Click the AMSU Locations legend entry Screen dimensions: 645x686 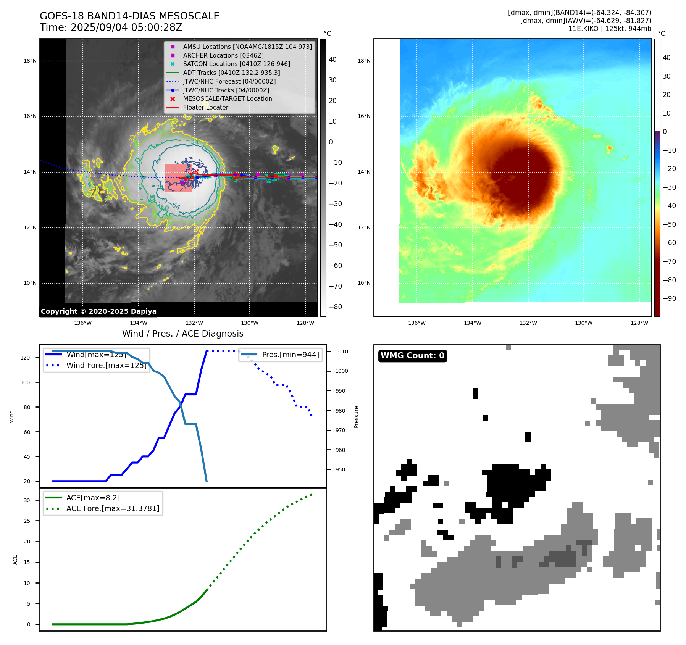pyautogui.click(x=247, y=47)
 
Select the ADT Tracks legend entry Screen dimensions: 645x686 pyautogui.click(x=231, y=73)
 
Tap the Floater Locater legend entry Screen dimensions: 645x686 pyautogui.click(x=205, y=108)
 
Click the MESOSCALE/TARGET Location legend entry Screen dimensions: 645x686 pyautogui.click(x=227, y=99)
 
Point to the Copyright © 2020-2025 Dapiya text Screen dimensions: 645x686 pyautogui.click(x=98, y=311)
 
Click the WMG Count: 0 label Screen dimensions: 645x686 pyautogui.click(x=412, y=356)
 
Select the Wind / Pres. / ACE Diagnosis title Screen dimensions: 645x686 pyautogui.click(x=182, y=334)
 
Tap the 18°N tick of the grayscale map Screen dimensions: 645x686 pyautogui.click(x=30, y=61)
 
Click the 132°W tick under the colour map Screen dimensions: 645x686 pyautogui.click(x=528, y=323)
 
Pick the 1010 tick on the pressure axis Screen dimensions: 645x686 pyautogui.click(x=342, y=352)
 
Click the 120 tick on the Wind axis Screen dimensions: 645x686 pyautogui.click(x=25, y=358)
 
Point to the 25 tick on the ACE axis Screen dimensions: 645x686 pyautogui.click(x=27, y=521)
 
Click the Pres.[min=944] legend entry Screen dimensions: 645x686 pyautogui.click(x=290, y=355)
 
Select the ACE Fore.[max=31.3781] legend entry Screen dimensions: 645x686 pyautogui.click(x=113, y=508)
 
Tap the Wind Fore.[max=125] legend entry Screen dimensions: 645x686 pyautogui.click(x=106, y=365)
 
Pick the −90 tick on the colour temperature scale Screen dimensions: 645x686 pyautogui.click(x=669, y=298)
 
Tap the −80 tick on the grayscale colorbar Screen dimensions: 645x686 pyautogui.click(x=335, y=307)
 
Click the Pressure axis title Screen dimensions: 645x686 pyautogui.click(x=356, y=417)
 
